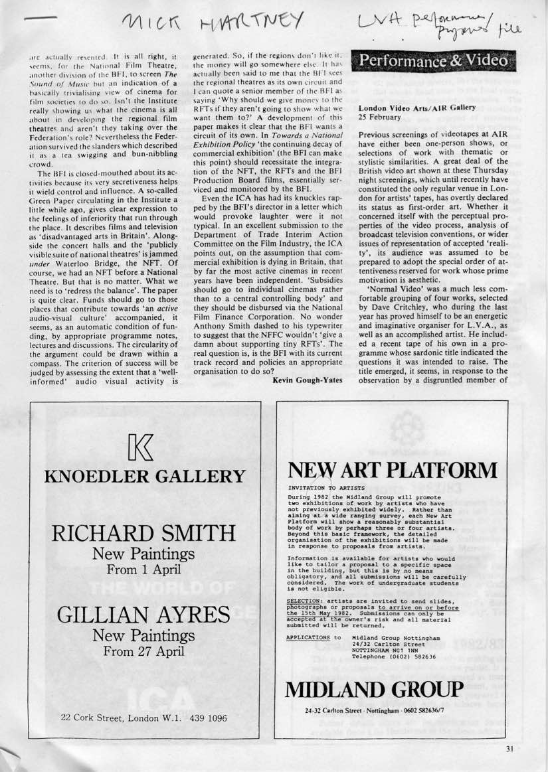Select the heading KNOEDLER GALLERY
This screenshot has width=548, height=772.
[144, 477]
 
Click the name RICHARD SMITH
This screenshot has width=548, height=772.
[143, 533]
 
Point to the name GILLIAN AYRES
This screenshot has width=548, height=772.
[143, 615]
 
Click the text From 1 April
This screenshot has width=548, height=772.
[143, 569]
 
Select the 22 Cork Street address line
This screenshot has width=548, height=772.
[143, 718]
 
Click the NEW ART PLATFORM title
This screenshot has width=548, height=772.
[393, 471]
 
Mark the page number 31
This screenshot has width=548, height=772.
[509, 749]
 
